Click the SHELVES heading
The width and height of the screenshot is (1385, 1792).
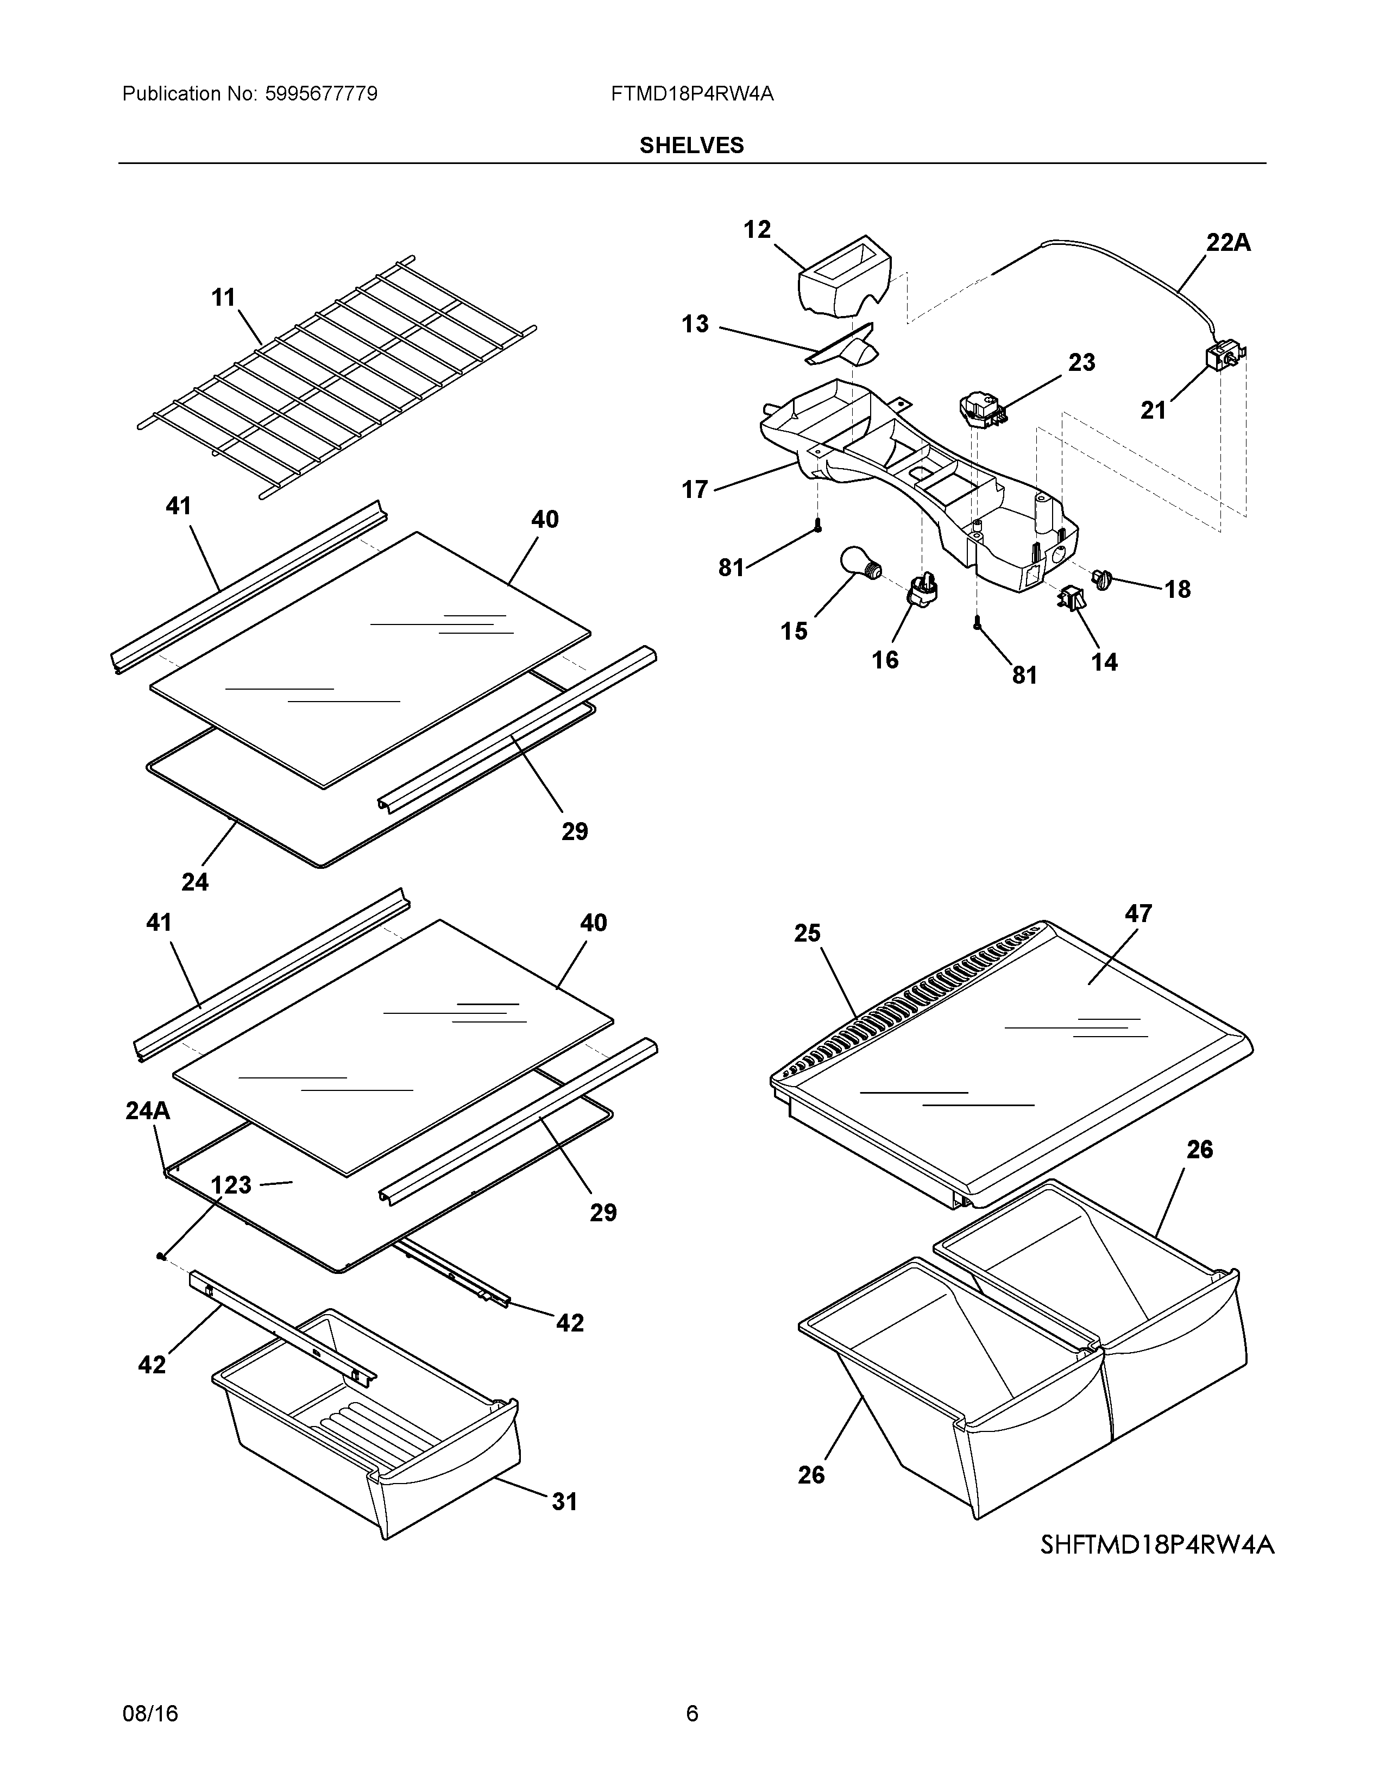click(691, 145)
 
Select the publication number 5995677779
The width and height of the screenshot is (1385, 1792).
click(321, 93)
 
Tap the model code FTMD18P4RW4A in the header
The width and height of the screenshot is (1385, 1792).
click(691, 93)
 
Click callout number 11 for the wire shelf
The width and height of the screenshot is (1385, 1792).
click(223, 297)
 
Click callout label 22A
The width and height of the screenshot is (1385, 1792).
click(1227, 242)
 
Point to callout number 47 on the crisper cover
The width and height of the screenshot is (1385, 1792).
click(1138, 913)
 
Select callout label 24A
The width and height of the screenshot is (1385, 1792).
click(148, 1111)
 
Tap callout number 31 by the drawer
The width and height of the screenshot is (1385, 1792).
click(564, 1501)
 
